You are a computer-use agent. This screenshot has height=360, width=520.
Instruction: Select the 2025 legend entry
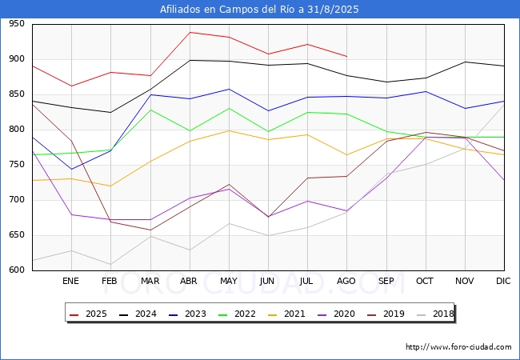click(x=88, y=314)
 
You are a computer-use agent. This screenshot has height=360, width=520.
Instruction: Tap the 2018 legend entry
click(x=435, y=314)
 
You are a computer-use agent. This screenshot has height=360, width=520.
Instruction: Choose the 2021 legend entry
click(x=286, y=314)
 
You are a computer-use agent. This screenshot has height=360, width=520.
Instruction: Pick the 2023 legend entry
click(x=187, y=314)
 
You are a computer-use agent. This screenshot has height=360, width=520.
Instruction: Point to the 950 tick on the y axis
click(x=17, y=23)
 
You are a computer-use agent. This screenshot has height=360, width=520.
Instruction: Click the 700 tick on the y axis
click(x=17, y=199)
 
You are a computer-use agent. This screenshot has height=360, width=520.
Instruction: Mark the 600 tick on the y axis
click(x=17, y=270)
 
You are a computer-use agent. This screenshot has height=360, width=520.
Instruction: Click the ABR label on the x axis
click(x=189, y=281)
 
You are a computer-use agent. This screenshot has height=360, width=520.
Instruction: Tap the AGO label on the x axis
click(x=346, y=281)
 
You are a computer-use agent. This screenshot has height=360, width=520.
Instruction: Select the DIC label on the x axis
click(x=503, y=281)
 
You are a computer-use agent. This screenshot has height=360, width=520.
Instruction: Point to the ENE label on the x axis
click(x=70, y=281)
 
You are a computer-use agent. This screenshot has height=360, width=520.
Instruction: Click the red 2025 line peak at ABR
click(x=190, y=33)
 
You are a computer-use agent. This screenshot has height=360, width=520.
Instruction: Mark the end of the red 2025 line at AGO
click(x=347, y=56)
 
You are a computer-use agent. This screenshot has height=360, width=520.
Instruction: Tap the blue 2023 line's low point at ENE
click(x=72, y=170)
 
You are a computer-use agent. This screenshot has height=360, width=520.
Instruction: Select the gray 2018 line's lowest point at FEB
click(x=110, y=265)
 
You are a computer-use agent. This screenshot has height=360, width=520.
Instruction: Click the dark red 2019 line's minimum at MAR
click(x=150, y=230)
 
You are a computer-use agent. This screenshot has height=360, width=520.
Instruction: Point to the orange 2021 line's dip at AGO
click(x=347, y=155)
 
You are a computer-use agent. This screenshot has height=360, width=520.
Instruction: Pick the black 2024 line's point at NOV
click(x=466, y=62)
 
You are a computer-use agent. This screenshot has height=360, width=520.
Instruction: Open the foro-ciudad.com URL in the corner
click(x=458, y=347)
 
